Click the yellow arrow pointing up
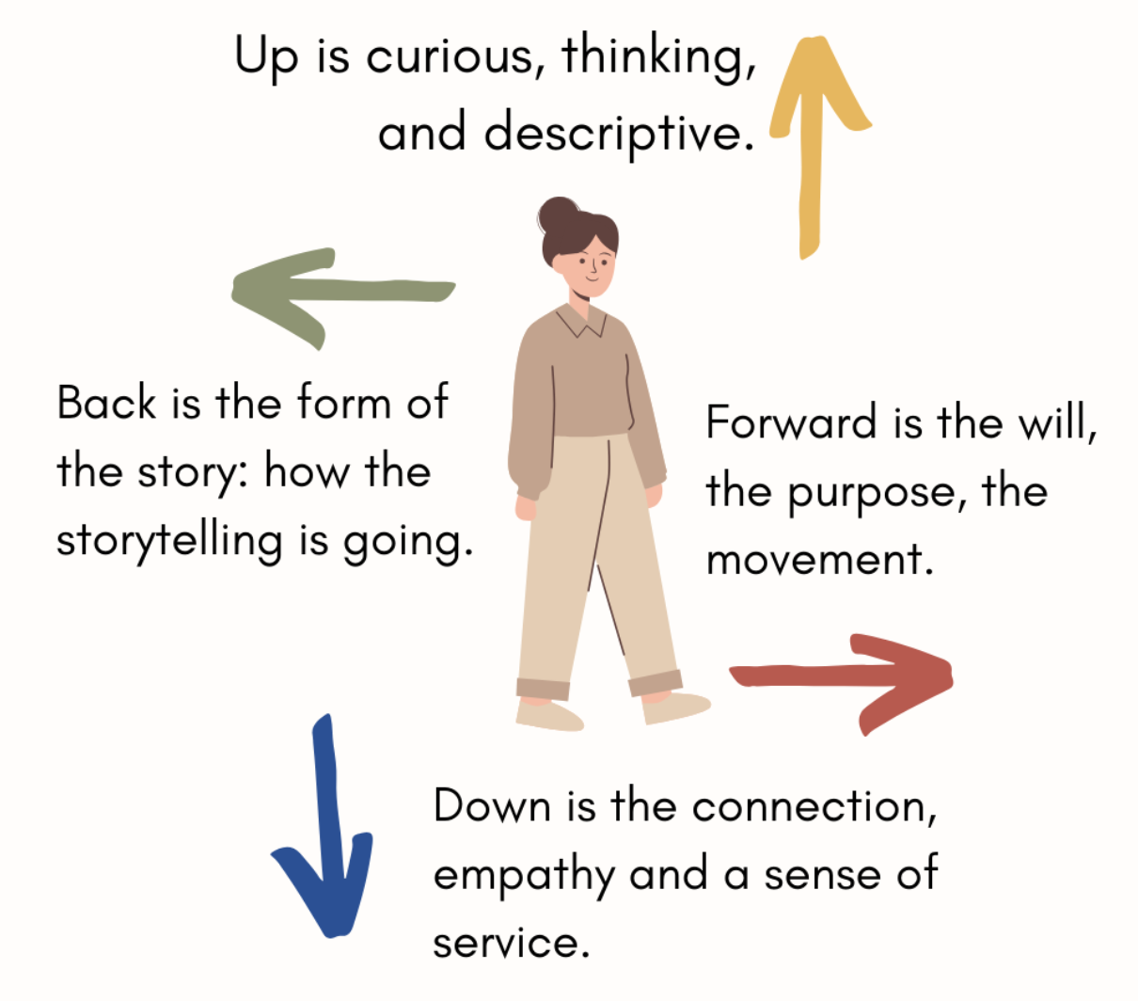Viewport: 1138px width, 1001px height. (811, 151)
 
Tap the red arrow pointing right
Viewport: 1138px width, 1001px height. (846, 676)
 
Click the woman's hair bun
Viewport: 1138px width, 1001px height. (558, 214)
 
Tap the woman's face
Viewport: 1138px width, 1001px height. (591, 264)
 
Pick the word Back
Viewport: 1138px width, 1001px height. (106, 404)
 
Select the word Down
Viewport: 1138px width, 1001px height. (491, 807)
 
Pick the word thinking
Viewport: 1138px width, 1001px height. (659, 58)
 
